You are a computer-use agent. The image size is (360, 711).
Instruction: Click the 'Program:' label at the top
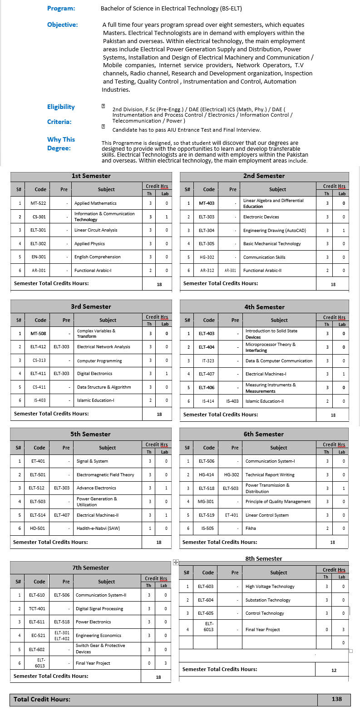coord(61,8)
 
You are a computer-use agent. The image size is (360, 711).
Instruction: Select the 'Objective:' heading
coord(63,25)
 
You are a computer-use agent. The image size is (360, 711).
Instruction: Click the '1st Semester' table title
coord(91,176)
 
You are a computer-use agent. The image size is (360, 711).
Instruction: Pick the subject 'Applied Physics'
coord(89,244)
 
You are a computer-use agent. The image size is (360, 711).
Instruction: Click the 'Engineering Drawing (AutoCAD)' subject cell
coord(274,231)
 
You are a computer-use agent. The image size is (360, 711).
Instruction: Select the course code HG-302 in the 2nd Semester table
coord(207,257)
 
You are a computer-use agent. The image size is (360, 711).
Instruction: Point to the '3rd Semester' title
coord(91,306)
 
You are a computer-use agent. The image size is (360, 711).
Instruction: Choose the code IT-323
coord(207,361)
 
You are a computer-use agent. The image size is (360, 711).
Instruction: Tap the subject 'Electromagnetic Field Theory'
coord(105,475)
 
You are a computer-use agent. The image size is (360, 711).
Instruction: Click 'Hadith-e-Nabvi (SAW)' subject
coord(98,528)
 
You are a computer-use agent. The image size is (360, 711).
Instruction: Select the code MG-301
coord(207,502)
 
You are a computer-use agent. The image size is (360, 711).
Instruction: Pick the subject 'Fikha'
coord(251,528)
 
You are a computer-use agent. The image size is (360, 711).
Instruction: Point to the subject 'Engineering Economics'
coord(98,636)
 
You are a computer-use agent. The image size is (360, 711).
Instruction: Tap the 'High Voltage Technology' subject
coord(270,587)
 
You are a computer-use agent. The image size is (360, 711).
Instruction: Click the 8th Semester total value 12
coord(334,670)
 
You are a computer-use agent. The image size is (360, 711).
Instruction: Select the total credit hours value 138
coord(336,699)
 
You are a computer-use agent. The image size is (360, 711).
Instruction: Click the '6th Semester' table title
coord(264,434)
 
